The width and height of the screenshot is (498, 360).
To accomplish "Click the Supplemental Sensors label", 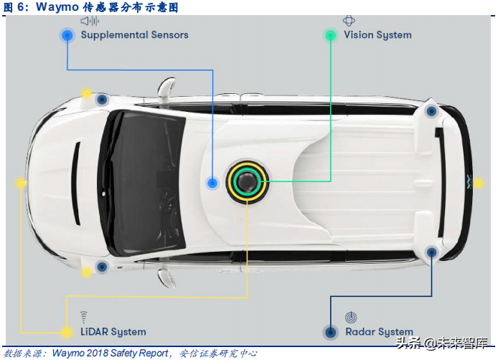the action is tap(135, 35).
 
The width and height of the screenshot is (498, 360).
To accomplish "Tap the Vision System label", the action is tap(377, 35).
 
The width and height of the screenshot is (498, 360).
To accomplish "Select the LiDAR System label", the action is tap(113, 332).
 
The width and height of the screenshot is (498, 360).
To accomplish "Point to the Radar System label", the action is tap(379, 332).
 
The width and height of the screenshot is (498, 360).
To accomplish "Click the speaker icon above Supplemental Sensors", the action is tap(90, 21).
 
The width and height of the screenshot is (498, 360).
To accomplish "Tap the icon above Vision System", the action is tap(349, 21).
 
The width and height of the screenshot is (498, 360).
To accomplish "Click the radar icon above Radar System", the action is tap(351, 317).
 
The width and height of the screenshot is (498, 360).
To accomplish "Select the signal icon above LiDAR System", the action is tap(83, 317).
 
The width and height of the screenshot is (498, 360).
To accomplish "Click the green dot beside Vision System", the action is tap(330, 35).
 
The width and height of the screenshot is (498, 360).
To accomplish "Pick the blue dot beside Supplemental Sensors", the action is tap(67, 35).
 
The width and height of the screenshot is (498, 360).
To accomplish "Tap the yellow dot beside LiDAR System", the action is tap(66, 332).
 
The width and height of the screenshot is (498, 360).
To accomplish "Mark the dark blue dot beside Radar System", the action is tap(330, 332).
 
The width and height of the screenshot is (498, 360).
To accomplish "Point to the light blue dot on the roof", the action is tap(212, 183).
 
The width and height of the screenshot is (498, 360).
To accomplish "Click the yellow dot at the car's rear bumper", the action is tap(478, 183).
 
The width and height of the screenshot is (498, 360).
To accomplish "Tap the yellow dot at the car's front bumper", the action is tap(21, 183).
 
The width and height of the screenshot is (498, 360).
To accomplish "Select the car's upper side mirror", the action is tap(166, 86).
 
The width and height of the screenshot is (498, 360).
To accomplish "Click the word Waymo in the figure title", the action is tap(57, 6).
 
